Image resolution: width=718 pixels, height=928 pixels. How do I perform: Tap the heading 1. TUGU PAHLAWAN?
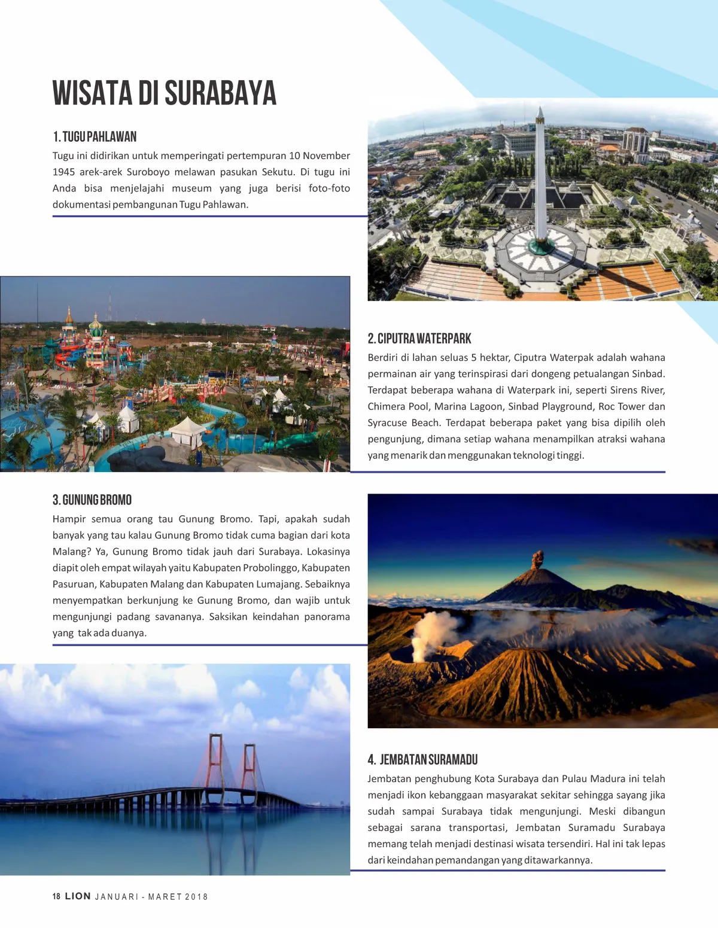tap(95, 136)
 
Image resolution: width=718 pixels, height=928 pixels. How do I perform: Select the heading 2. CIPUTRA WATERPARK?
tap(419, 339)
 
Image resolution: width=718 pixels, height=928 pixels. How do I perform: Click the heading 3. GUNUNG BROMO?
tap(92, 500)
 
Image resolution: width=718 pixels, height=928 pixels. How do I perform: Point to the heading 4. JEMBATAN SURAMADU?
tap(422, 760)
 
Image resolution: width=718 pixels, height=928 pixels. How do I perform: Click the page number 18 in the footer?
tap(56, 896)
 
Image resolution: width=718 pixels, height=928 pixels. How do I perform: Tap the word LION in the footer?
tap(78, 896)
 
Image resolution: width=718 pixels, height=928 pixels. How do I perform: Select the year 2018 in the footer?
tap(196, 897)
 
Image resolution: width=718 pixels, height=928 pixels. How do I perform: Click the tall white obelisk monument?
tap(540, 174)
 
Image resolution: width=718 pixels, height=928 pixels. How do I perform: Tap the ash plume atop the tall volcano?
tap(538, 559)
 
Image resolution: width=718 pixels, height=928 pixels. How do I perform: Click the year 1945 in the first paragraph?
tap(63, 172)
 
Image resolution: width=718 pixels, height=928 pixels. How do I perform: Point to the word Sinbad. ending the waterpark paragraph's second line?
tap(648, 374)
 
